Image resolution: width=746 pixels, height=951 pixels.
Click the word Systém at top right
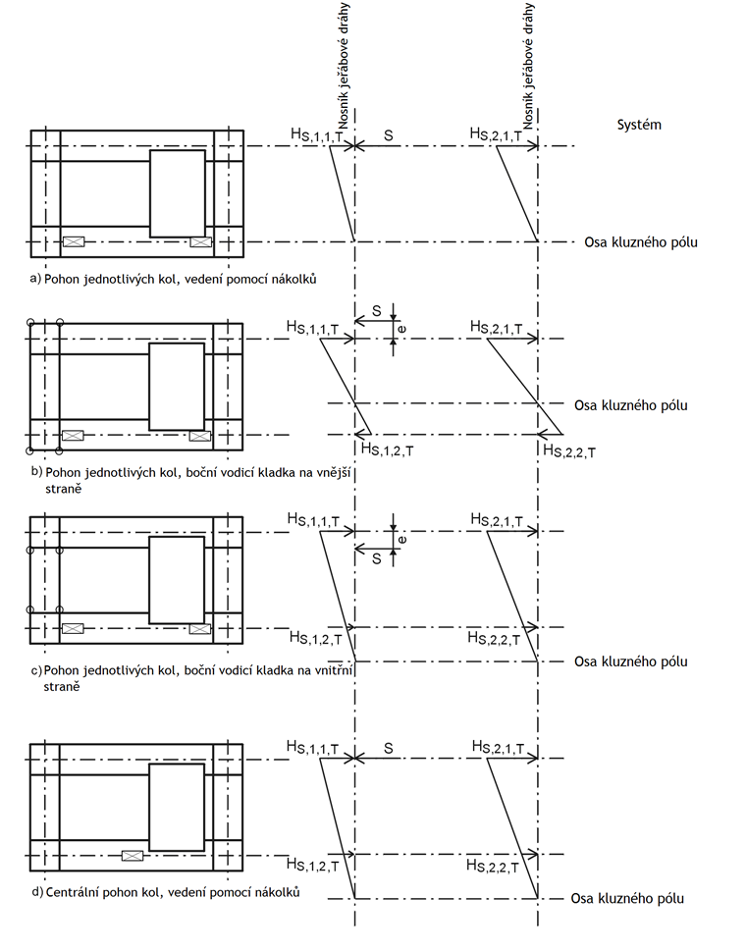(639, 125)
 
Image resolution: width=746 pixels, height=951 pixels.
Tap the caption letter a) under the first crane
(35, 279)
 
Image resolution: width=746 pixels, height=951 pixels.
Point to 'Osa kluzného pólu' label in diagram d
(628, 898)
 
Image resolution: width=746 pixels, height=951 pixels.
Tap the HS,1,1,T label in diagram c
(314, 519)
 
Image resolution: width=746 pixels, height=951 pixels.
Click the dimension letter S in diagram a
(389, 133)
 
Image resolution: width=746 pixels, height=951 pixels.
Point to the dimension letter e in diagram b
(402, 327)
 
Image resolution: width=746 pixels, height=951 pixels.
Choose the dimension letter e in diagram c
(402, 539)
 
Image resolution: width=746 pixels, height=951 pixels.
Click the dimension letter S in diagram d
(389, 749)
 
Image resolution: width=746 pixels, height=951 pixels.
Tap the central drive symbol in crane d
(132, 856)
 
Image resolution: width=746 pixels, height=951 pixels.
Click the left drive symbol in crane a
(74, 241)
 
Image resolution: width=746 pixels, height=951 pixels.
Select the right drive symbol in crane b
(199, 435)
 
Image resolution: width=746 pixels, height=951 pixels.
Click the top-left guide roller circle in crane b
(30, 323)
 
